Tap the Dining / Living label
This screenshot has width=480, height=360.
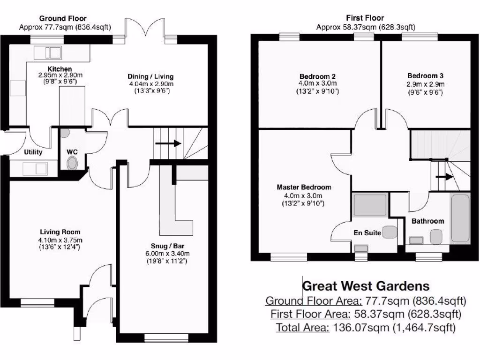(151, 76)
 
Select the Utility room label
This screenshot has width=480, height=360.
(33, 152)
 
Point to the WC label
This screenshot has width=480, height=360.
(72, 152)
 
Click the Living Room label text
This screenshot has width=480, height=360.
(60, 232)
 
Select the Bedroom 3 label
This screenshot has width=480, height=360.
(425, 75)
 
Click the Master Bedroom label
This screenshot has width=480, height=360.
(303, 187)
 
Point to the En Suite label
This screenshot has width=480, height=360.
(367, 232)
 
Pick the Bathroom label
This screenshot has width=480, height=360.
(427, 221)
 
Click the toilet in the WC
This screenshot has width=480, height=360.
(72, 163)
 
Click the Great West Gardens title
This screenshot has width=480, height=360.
(366, 285)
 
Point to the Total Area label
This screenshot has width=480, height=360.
(302, 327)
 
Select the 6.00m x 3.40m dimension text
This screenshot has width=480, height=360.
(166, 254)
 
